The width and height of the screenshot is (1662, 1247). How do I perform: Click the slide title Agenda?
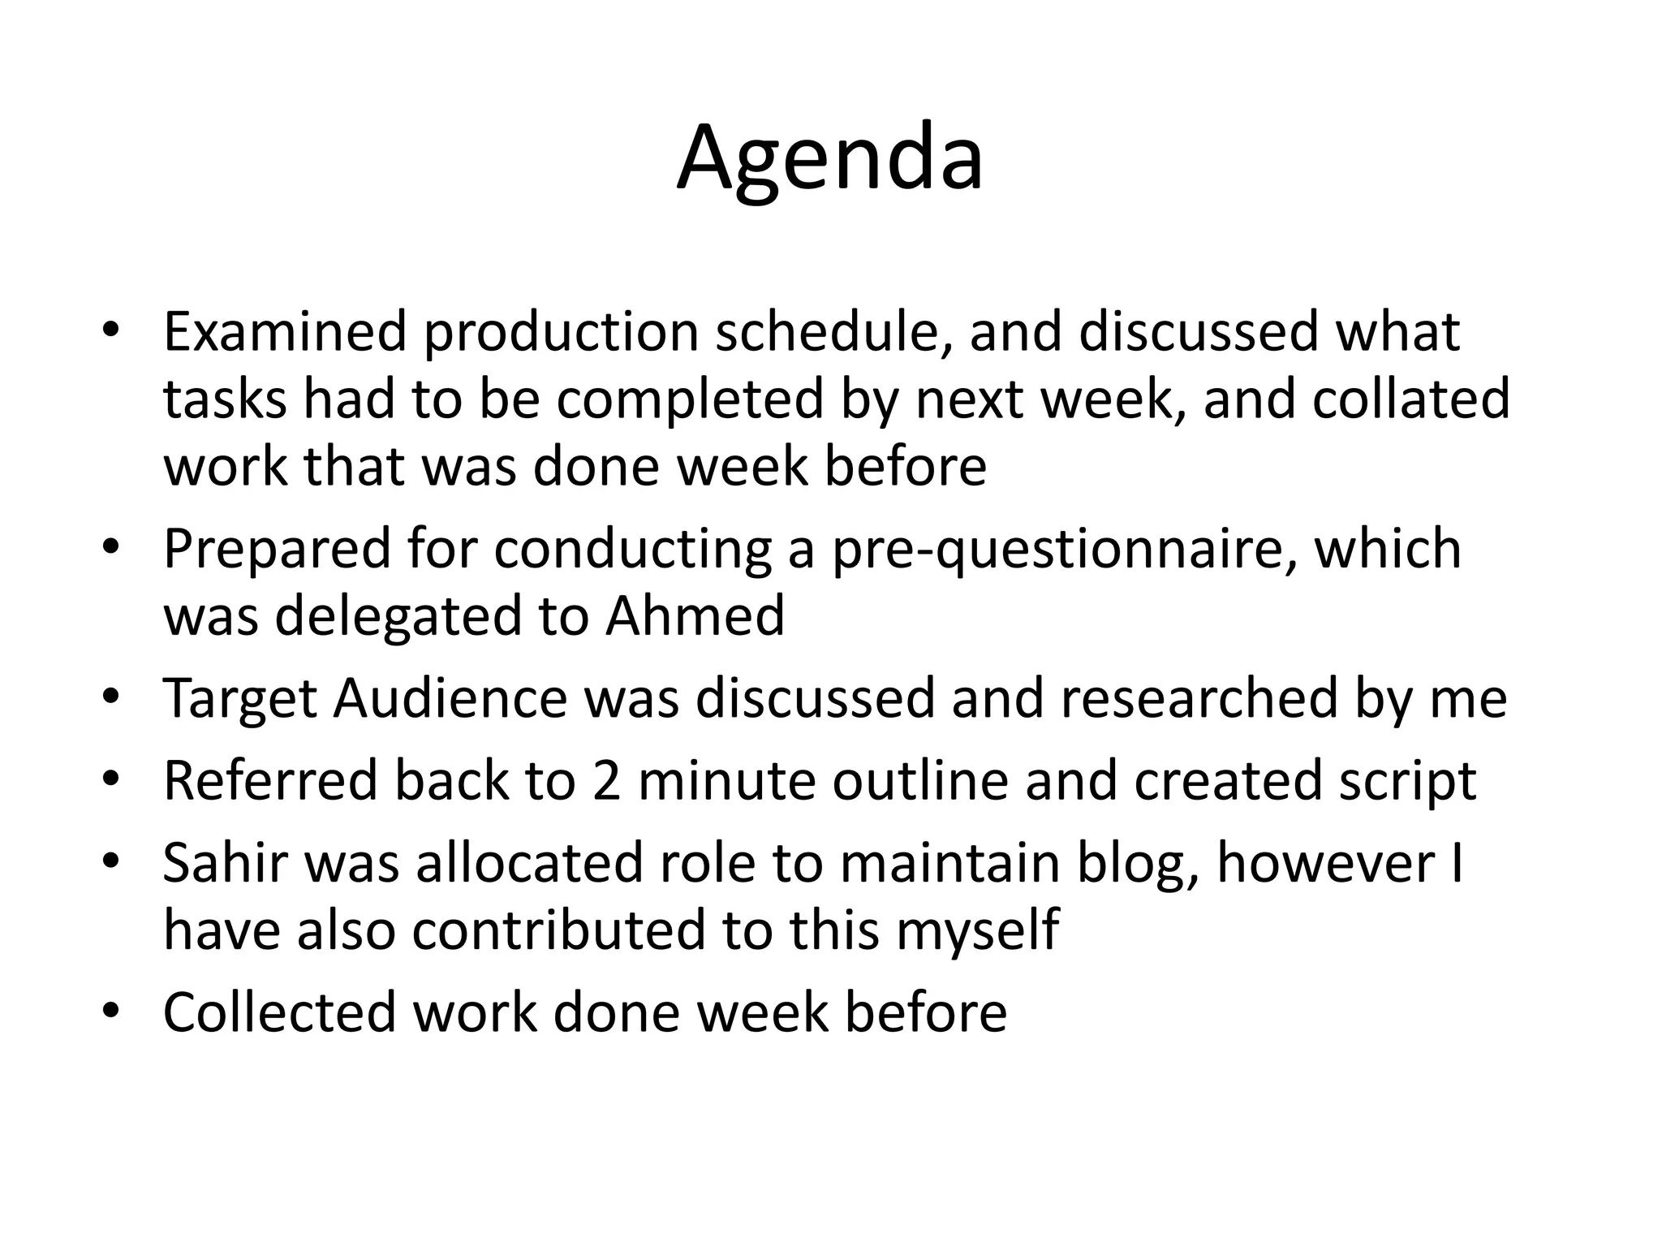pos(829,158)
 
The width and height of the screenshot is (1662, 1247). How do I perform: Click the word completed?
pos(689,401)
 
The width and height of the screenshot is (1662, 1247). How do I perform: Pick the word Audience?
pos(450,699)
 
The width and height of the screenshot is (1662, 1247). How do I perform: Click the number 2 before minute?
pos(606,781)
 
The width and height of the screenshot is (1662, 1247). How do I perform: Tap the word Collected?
pos(279,1012)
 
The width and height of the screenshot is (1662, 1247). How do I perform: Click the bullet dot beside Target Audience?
pos(111,697)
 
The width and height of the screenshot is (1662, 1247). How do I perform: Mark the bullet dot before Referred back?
pos(111,779)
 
